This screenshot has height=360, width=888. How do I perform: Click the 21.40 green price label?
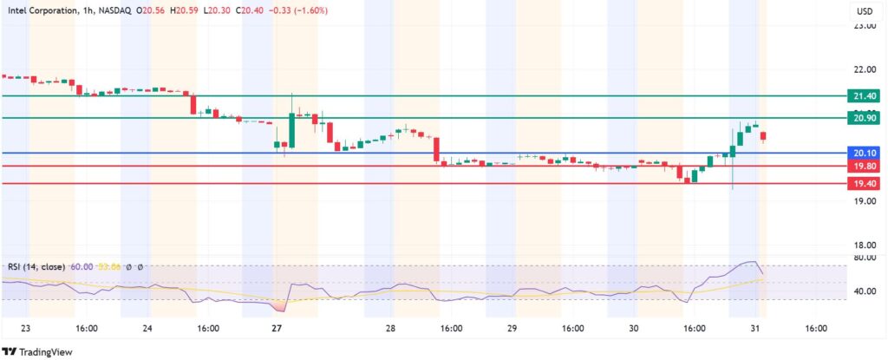[865, 95]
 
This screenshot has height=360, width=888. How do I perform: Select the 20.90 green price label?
[865, 117]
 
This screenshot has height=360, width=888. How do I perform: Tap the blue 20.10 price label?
[865, 153]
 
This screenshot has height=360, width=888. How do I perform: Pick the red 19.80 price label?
[865, 166]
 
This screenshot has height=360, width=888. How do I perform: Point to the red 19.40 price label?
[865, 183]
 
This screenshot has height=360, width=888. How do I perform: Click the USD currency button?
[864, 12]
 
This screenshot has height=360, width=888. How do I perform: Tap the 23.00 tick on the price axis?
[864, 27]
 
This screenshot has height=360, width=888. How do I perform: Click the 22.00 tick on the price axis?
[864, 69]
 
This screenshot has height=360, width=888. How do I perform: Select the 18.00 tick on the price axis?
[864, 245]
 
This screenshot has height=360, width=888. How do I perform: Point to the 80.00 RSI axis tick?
[864, 258]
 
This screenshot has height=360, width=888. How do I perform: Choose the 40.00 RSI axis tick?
[864, 292]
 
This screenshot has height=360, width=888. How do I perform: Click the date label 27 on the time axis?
[277, 329]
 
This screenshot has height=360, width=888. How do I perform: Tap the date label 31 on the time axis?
[756, 329]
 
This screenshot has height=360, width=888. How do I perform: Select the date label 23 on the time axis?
[25, 329]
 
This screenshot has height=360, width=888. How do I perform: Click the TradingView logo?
[38, 352]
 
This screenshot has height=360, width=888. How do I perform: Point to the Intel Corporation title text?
[42, 10]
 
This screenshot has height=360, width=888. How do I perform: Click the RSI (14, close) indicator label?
[36, 266]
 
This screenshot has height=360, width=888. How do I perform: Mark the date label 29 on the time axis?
[513, 329]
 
